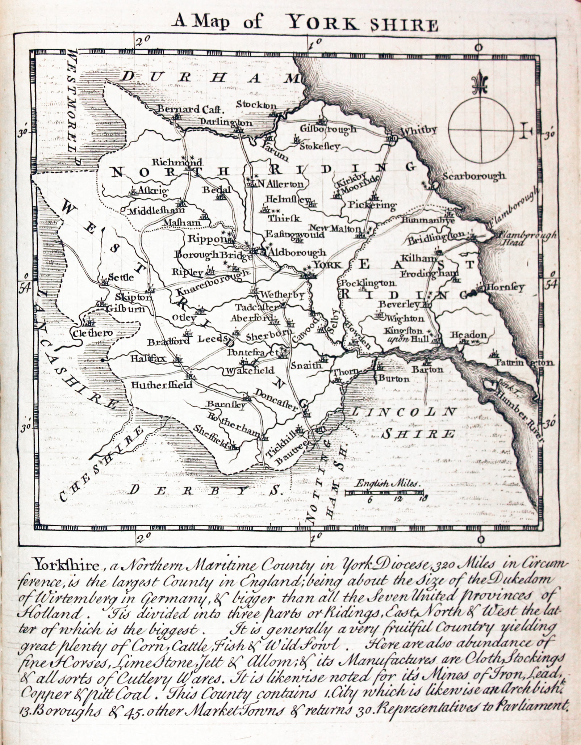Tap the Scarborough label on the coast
[x=473, y=176]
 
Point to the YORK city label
[x=327, y=265]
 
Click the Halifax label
[x=149, y=358]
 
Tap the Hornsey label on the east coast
[x=505, y=287]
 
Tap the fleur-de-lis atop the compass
[x=480, y=83]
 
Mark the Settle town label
[x=121, y=277]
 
